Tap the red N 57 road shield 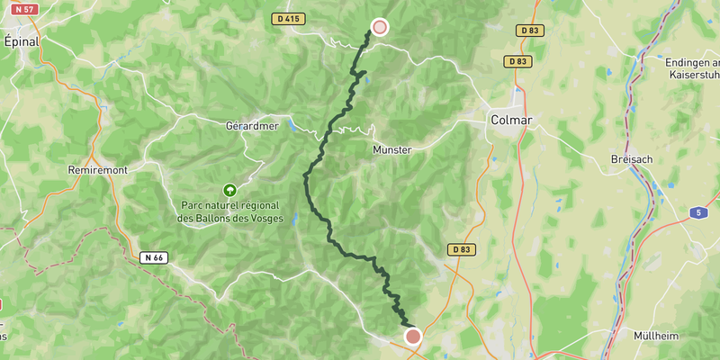coord(23,9)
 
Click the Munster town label coord(391,150)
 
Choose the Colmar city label coord(511,120)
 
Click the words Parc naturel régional coord(229,205)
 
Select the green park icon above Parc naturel coord(229,190)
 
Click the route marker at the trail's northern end coord(380,27)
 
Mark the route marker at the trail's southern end coord(413,337)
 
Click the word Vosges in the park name coord(264,218)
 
